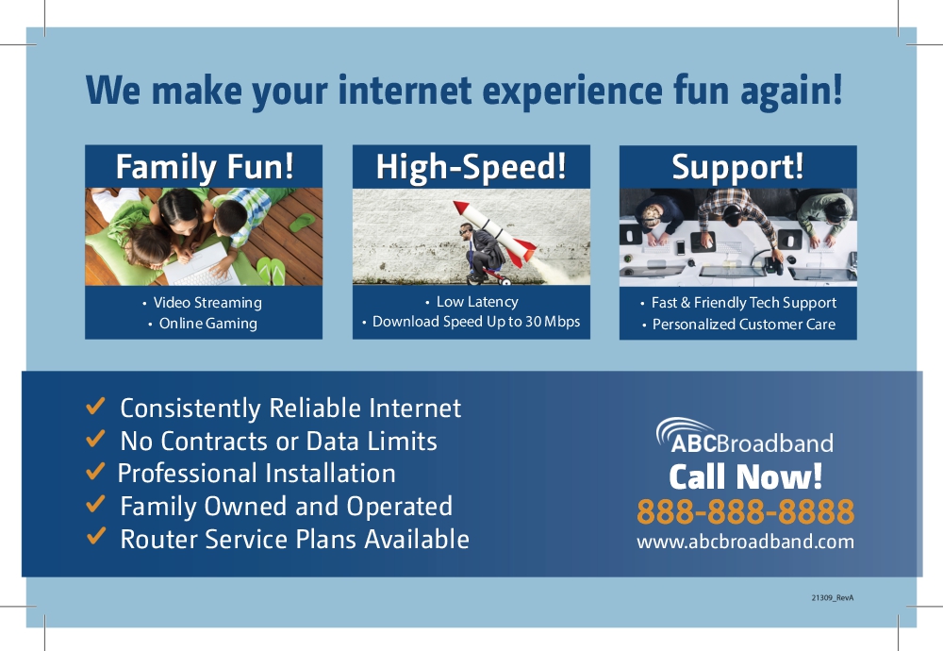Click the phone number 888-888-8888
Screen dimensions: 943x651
coord(745,512)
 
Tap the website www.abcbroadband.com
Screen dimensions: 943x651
coord(745,542)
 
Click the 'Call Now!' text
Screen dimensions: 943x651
coord(745,477)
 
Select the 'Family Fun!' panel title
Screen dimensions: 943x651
coord(205,167)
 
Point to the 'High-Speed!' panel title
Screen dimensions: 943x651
coord(471,167)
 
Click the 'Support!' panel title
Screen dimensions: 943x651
coord(737,167)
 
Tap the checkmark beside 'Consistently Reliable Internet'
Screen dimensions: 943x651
coord(95,406)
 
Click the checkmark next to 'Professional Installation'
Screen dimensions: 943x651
coord(95,471)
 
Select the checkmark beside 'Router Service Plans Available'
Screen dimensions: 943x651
coord(95,536)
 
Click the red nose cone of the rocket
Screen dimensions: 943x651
coord(461,208)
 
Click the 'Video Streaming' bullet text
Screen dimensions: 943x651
coord(207,303)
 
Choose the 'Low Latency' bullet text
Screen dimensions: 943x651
coord(477,301)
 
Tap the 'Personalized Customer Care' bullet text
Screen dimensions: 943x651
coord(744,325)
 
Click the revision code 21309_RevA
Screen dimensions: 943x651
coord(833,597)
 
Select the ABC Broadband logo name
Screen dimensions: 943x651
coord(752,443)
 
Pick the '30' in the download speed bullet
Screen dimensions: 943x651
coord(534,322)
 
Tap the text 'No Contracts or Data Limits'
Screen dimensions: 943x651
coord(278,441)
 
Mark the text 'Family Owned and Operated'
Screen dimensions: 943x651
coord(287,507)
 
